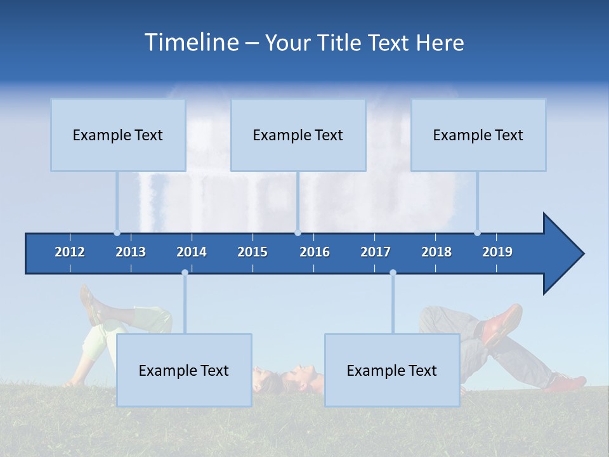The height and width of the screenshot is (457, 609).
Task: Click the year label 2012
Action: coord(70,252)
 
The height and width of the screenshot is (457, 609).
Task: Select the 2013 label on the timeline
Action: coord(131,252)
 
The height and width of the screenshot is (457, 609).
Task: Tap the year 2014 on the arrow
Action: coord(192,252)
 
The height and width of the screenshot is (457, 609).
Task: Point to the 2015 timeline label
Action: coord(252,252)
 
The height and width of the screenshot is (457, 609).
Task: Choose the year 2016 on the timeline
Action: coord(315,252)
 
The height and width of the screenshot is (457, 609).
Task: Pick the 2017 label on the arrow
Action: coord(376,252)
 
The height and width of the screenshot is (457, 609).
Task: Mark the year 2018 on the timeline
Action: coord(436,252)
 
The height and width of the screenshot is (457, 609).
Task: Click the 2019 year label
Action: coord(497,252)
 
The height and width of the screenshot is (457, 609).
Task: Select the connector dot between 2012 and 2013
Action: coord(117,232)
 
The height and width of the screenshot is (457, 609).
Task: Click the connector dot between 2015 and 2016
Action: coord(298,232)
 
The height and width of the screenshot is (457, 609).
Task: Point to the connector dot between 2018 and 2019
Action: coord(477,232)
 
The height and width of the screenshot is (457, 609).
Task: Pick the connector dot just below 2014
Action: coord(185,272)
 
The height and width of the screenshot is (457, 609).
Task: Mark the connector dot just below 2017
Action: coord(393,272)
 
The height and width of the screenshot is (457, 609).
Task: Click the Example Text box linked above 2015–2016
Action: coord(298,135)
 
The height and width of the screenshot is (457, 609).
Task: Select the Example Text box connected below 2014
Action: coord(184,370)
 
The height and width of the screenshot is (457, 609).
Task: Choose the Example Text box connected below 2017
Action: coord(392,370)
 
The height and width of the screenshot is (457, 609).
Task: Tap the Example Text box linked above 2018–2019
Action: coord(478,135)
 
